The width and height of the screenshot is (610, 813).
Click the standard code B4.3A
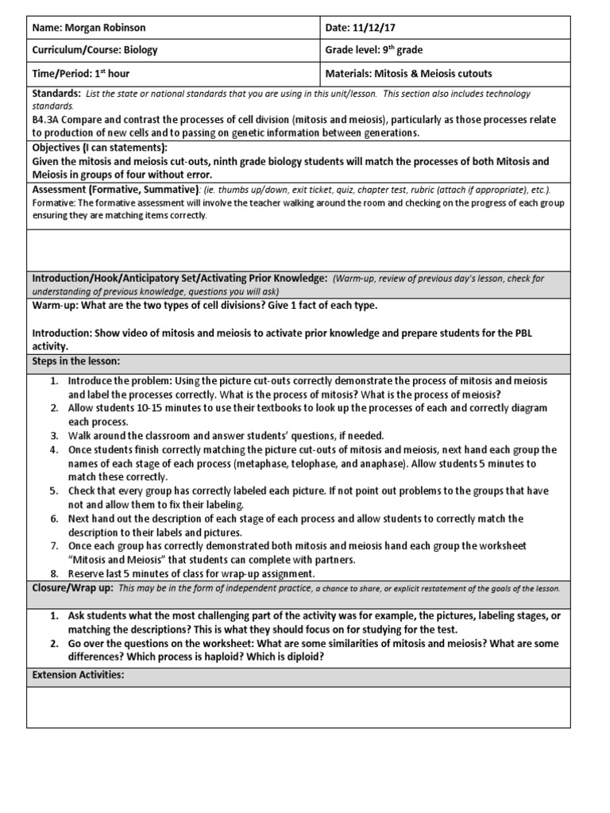click(49, 120)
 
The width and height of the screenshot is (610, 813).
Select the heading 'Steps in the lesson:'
click(75, 361)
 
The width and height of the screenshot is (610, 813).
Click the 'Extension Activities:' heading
click(78, 675)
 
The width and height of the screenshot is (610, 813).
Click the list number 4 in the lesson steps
click(54, 450)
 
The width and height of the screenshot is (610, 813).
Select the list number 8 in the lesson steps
click(54, 573)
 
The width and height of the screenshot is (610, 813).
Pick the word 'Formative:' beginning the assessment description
click(53, 203)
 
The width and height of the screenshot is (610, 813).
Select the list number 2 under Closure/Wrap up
click(54, 643)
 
